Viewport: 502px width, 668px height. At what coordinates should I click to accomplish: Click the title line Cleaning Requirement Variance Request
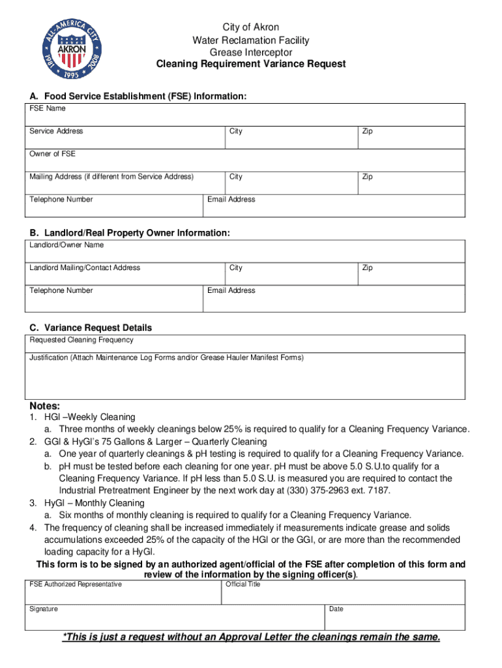[251, 64]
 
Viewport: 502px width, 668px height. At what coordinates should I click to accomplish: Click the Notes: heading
[45, 406]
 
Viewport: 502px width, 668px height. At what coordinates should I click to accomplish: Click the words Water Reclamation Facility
[251, 40]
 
